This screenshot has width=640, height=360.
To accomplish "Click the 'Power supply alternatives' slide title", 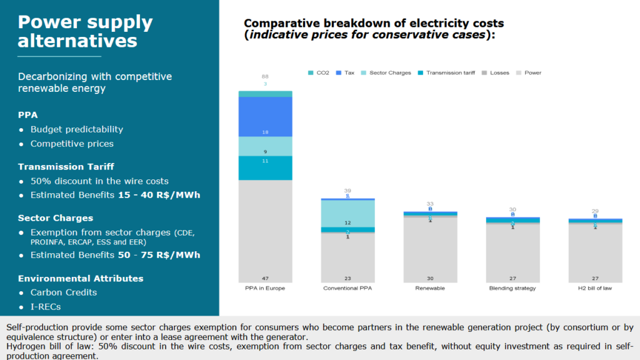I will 85,31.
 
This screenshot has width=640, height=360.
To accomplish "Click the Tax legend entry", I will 348,73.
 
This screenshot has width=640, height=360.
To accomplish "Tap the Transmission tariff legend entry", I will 449,73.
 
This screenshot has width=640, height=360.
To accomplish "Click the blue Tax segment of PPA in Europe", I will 265,117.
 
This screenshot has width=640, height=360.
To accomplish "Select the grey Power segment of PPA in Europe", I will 265,231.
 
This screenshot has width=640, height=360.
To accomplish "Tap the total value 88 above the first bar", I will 265,77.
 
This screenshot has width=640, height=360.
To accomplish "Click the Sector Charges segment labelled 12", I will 347,214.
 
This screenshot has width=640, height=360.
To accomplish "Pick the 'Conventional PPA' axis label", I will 347,289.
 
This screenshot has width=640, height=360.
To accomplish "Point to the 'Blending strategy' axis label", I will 512,289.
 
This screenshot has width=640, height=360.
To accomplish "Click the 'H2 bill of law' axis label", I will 595,289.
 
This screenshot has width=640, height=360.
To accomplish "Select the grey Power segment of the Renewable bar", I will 430,250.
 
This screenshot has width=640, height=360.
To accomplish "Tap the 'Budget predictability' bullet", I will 76,129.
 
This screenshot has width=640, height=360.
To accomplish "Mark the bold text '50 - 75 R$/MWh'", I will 159,255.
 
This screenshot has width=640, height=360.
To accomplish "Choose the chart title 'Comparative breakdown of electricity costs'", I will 373,24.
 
